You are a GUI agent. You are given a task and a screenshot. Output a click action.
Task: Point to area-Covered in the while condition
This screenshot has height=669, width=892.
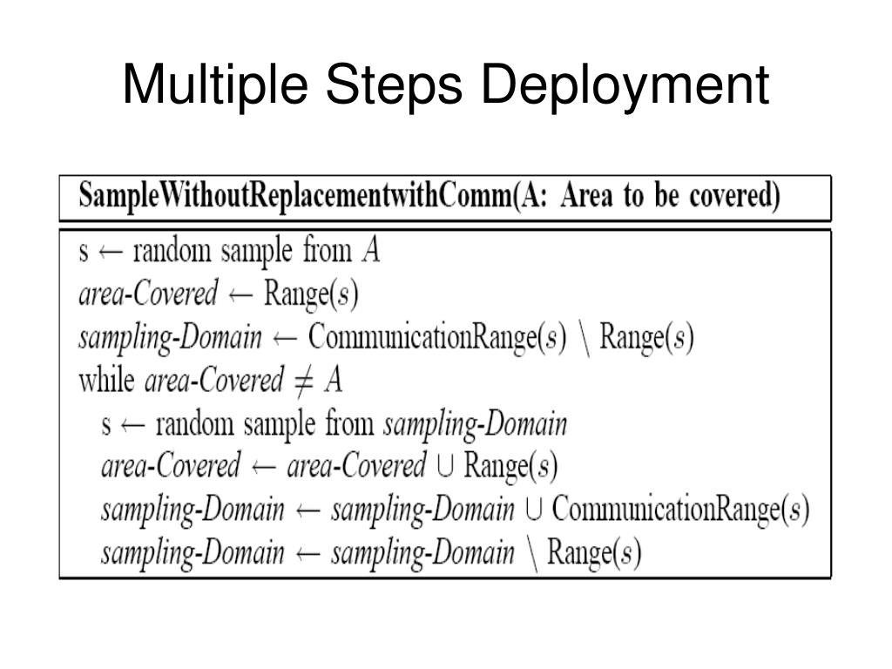(213, 381)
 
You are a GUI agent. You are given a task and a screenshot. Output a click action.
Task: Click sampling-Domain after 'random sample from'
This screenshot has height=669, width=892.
(476, 425)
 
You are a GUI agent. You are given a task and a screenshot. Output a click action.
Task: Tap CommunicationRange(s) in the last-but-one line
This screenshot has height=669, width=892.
(680, 510)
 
